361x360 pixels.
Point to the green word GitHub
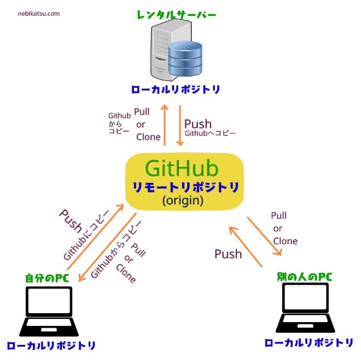tap(181, 168)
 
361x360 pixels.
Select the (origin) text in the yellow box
tap(182, 201)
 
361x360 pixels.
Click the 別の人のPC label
tap(305, 276)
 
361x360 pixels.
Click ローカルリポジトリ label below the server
tap(176, 90)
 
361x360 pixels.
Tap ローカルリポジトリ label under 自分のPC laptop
tap(51, 345)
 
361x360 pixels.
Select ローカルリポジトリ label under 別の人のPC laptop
tap(309, 342)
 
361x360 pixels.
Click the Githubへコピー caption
tap(210, 134)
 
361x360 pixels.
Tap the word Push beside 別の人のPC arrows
tap(228, 254)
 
